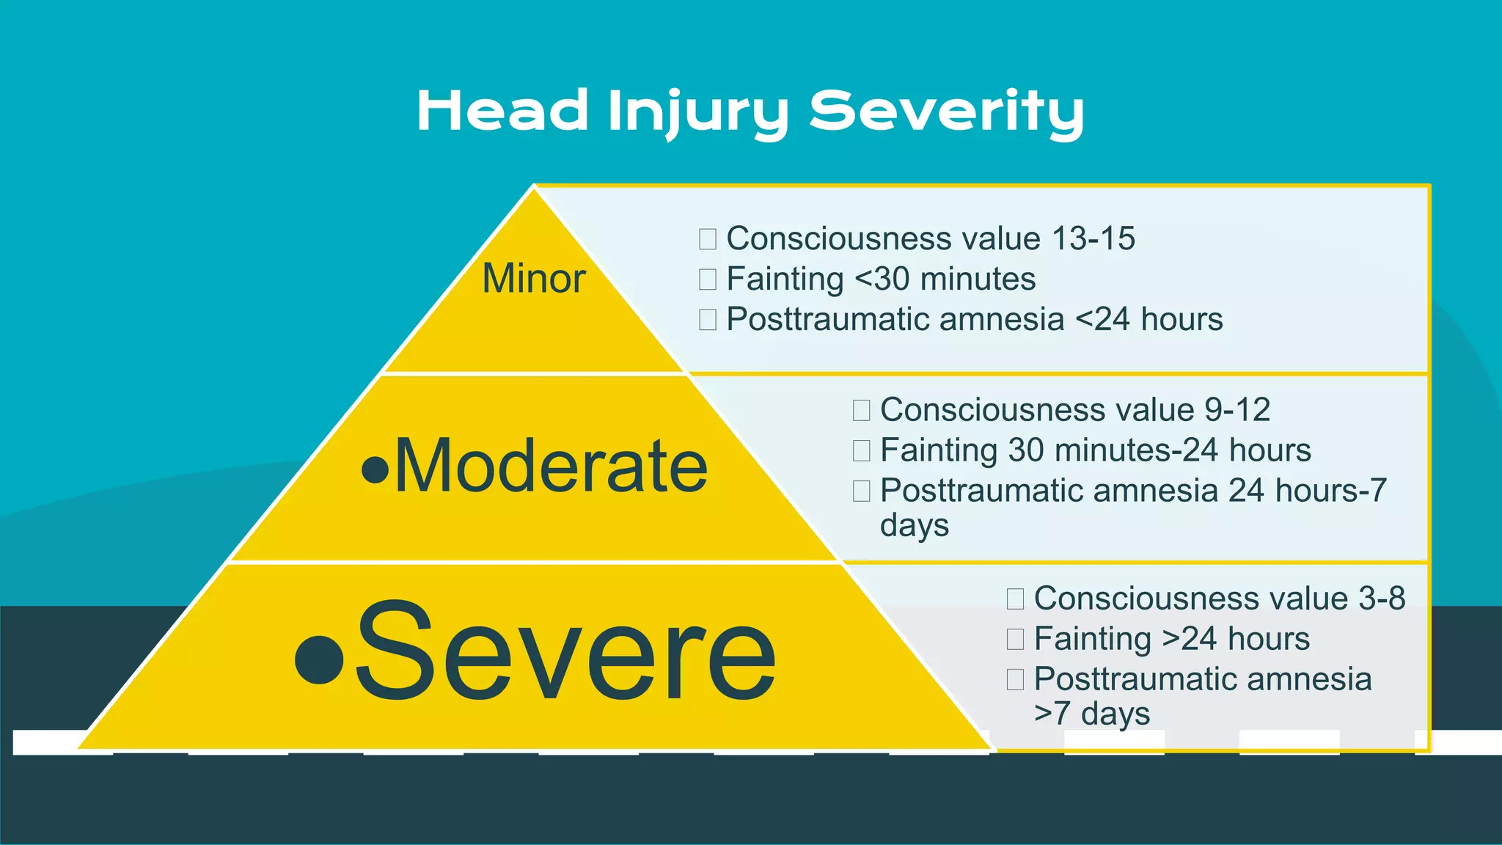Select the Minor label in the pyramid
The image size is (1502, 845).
coord(534,279)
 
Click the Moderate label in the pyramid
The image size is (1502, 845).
coord(551,467)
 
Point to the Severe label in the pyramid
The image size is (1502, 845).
coord(565,651)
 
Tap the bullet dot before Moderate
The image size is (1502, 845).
coord(375,470)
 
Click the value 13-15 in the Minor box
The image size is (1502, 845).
coord(1093,238)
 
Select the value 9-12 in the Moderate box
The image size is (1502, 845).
coord(1237,409)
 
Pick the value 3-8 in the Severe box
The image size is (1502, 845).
coord(1382,599)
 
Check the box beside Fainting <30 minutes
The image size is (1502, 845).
coord(708,279)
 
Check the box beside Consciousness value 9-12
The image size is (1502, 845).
coord(862,410)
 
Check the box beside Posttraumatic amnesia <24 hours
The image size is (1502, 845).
coord(708,320)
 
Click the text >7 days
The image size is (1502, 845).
coord(1091,714)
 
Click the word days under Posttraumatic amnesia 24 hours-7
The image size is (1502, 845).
coord(914,526)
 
